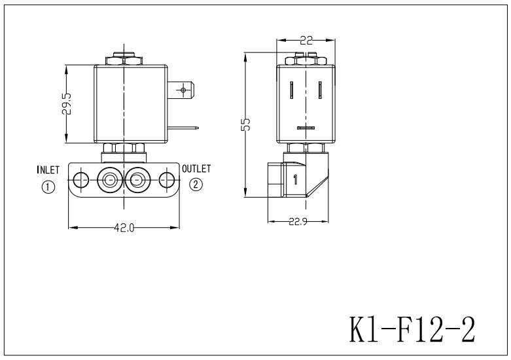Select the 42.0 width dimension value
point(124,228)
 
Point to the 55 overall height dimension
point(246,125)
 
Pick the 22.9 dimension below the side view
point(299,221)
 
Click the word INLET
point(48,170)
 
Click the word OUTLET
point(196,169)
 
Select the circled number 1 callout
point(48,186)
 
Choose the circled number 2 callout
point(196,185)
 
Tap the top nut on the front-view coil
point(123,58)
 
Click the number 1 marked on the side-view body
point(295,180)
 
